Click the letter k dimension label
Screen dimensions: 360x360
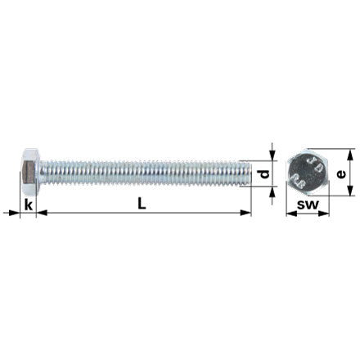29,205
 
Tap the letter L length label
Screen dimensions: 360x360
142,204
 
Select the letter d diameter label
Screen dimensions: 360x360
264,174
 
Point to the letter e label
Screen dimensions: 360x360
341,174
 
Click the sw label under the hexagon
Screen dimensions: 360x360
308,205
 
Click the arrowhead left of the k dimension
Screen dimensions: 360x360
14,213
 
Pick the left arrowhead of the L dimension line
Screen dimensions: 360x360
42,213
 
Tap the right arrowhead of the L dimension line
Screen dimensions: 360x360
245,213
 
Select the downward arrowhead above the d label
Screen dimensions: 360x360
272,155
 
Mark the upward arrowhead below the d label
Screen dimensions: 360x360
272,192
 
